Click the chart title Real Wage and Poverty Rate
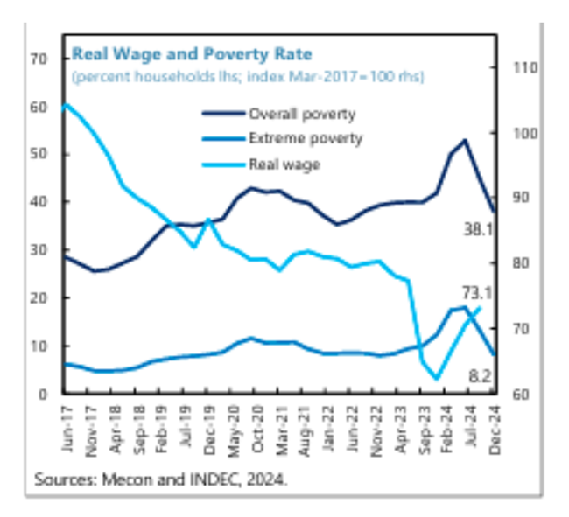[191, 54]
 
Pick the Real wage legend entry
[284, 164]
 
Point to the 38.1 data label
[480, 229]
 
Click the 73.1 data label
[477, 292]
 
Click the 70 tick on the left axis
[38, 59]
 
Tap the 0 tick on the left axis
[42, 394]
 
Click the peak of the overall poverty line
[464, 140]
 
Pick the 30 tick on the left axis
[38, 250]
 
